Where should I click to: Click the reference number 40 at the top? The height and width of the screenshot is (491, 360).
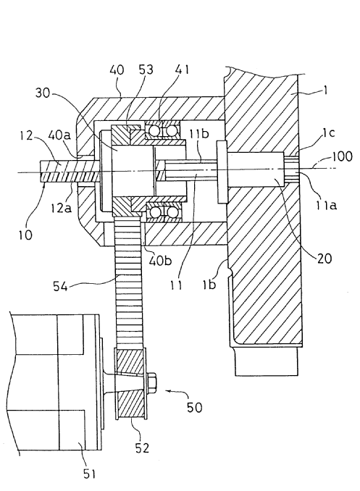pyautogui.click(x=117, y=70)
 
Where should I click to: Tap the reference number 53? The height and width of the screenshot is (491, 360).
pyautogui.click(x=146, y=70)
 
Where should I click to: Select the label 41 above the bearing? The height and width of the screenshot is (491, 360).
pyautogui.click(x=182, y=70)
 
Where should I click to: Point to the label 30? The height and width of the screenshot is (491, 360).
pyautogui.click(x=43, y=93)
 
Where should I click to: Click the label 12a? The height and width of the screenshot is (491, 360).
pyautogui.click(x=61, y=207)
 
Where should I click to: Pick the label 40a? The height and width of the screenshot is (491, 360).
pyautogui.click(x=59, y=135)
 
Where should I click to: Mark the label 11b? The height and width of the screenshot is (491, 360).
pyautogui.click(x=198, y=134)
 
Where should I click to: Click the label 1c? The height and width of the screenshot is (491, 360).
pyautogui.click(x=328, y=133)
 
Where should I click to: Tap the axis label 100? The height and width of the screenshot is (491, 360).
pyautogui.click(x=343, y=156)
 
